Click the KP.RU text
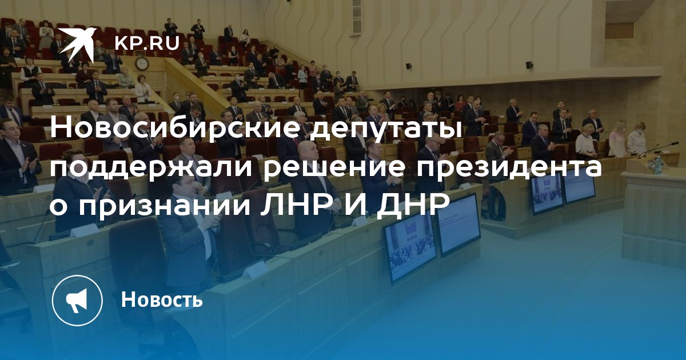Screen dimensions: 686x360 [x=147, y=42]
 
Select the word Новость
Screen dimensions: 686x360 [x=162, y=299]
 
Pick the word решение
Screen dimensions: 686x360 [x=333, y=168]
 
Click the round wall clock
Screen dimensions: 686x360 [x=142, y=63]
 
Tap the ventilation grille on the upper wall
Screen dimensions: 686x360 [x=357, y=17]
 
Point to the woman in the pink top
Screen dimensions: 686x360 [x=617, y=140]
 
